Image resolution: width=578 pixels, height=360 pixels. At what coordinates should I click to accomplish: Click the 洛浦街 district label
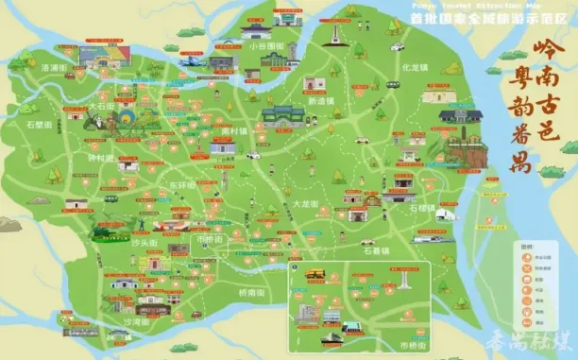55,68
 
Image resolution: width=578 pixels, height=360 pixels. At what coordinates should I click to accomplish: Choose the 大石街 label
101,107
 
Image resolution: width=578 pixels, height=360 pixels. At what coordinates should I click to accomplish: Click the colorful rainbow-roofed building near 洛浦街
90,64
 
